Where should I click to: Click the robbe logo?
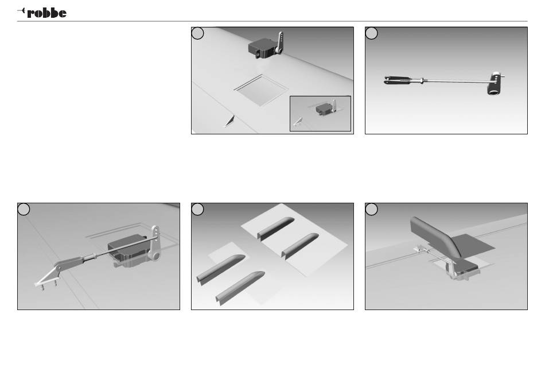[42, 13]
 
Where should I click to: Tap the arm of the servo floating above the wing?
[280, 42]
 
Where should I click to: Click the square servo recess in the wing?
[262, 90]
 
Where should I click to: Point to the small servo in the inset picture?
[323, 110]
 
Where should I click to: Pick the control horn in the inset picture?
[298, 122]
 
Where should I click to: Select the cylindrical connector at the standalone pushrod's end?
[494, 83]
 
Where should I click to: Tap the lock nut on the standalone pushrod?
[422, 81]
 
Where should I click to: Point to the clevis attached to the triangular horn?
[71, 262]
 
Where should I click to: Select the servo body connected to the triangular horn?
[128, 250]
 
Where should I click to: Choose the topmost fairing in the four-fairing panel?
[275, 229]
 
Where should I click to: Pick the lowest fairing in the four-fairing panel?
[240, 288]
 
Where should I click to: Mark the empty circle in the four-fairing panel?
[197, 209]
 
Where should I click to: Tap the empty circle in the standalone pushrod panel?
[371, 33]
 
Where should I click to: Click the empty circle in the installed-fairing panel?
[371, 209]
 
